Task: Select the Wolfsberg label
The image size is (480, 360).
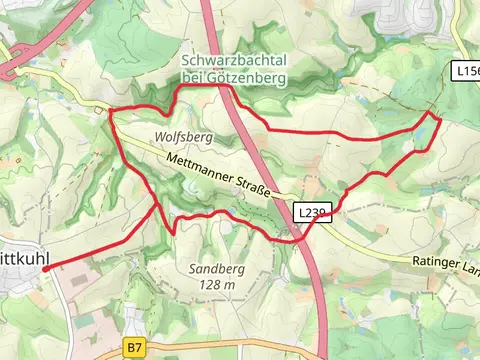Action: [184, 135]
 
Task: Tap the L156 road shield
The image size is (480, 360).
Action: [465, 72]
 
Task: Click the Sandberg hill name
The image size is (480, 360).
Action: [217, 268]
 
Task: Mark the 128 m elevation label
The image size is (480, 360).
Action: [217, 285]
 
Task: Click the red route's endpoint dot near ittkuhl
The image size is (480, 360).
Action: [46, 268]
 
